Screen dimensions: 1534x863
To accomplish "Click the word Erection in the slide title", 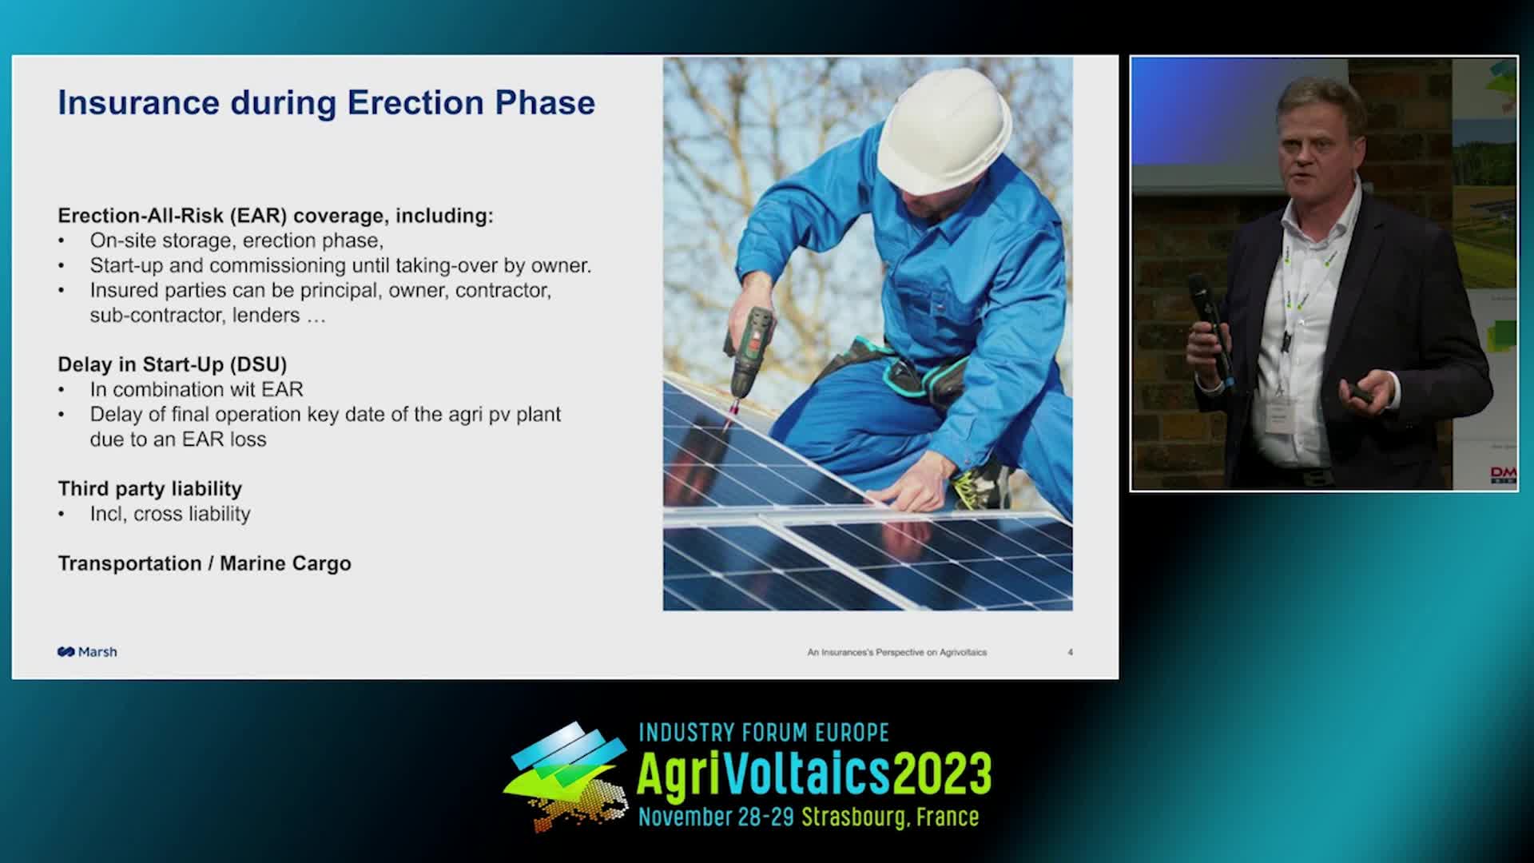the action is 414,103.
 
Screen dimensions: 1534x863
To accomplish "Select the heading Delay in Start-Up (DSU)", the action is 172,365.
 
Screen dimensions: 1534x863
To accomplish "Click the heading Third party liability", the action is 149,489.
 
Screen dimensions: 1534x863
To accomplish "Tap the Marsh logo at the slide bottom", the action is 87,652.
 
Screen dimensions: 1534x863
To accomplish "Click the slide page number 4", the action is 1070,653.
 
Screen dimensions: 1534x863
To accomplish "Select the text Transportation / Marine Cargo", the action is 205,564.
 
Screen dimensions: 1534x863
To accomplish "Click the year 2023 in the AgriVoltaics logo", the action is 942,774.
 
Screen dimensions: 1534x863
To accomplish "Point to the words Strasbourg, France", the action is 890,817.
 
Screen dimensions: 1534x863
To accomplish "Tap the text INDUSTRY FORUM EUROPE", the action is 764,733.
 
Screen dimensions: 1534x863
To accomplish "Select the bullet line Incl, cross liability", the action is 170,514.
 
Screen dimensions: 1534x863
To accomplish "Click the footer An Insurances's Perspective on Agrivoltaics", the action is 896,653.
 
